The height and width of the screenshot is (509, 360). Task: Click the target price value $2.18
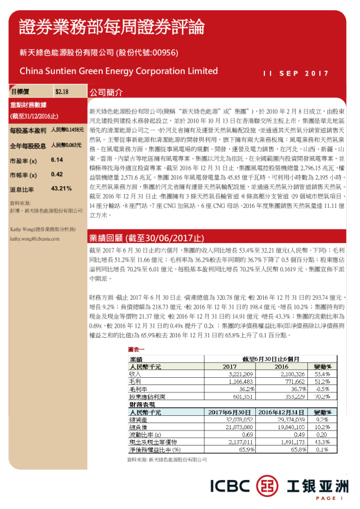(62, 92)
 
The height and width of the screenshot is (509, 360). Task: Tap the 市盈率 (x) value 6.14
(57, 160)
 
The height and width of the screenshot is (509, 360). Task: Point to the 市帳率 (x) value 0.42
(57, 174)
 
